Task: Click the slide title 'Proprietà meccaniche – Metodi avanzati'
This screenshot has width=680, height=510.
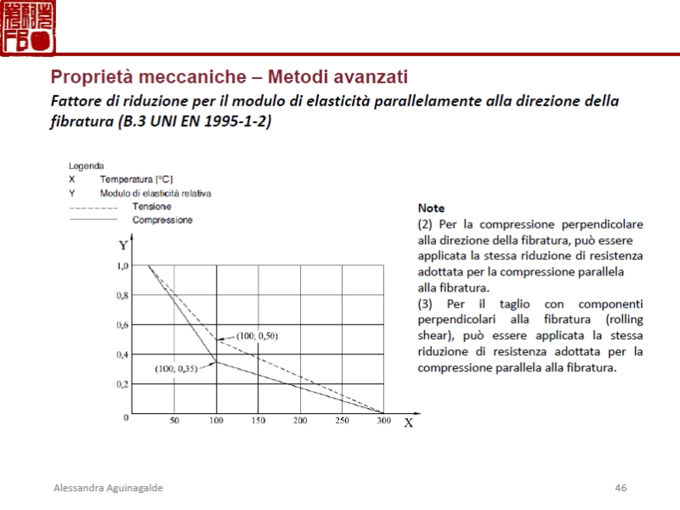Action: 229,76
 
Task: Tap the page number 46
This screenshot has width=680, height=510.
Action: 620,488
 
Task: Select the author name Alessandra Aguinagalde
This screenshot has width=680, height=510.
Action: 108,488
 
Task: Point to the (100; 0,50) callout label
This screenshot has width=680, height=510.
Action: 257,336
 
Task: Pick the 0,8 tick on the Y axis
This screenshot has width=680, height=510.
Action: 122,296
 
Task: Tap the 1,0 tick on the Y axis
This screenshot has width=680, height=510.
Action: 122,266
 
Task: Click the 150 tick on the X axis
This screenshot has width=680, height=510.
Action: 258,421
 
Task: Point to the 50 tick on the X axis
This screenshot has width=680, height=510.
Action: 174,421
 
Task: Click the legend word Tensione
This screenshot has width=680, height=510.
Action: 152,207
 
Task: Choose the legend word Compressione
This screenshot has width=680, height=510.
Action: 162,220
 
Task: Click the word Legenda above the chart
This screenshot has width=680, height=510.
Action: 87,166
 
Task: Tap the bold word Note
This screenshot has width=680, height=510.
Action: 431,208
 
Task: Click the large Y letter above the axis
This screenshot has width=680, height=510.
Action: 123,246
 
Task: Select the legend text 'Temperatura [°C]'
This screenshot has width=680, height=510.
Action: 136,179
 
